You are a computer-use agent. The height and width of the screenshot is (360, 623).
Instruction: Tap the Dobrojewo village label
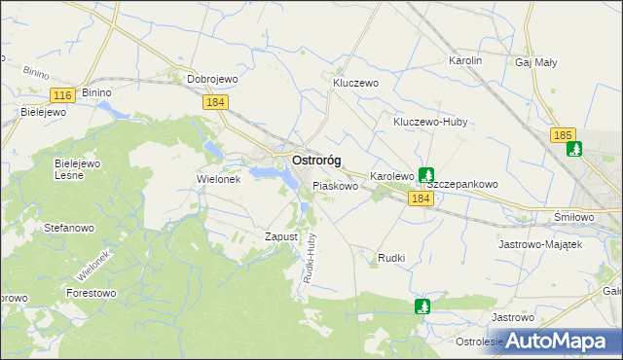213,80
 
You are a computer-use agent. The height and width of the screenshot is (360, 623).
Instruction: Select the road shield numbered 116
63,94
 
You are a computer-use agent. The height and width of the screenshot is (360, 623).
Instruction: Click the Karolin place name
465,60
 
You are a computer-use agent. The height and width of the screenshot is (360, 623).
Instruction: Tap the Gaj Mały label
536,62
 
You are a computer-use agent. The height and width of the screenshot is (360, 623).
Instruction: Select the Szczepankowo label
463,183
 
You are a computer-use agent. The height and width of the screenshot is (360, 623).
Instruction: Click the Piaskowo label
335,185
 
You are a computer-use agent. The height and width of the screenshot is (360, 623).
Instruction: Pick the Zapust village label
280,236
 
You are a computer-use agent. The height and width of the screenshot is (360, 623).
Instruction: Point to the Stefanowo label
68,227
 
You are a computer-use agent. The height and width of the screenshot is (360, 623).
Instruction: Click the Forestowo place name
91,292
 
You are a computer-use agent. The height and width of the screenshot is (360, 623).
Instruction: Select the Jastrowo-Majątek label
540,244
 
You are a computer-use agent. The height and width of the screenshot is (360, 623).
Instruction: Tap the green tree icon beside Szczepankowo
426,175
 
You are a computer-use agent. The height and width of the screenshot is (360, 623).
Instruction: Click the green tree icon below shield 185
574,150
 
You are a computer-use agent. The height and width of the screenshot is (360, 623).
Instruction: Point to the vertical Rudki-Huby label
309,263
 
